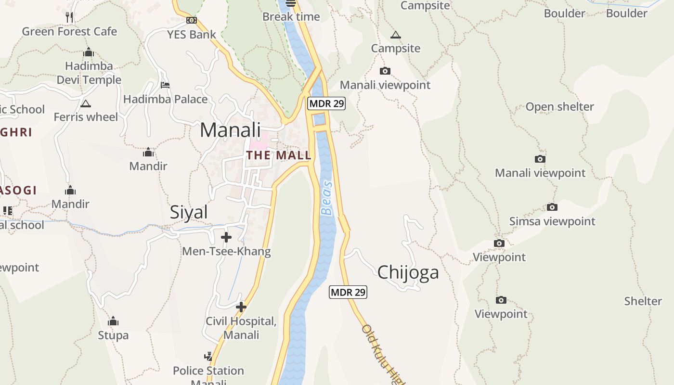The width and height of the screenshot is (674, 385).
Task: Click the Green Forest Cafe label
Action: click(x=69, y=32)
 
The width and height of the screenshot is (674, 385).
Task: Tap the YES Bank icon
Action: click(x=192, y=20)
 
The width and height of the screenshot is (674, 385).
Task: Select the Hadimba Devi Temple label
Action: click(x=89, y=73)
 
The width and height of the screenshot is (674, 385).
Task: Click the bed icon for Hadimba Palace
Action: click(x=165, y=85)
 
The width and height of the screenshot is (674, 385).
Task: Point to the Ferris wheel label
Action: click(x=86, y=117)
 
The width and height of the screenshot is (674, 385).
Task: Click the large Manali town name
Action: click(x=230, y=130)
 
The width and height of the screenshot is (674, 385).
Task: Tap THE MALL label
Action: click(x=279, y=155)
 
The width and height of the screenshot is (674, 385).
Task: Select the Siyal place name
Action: click(x=189, y=212)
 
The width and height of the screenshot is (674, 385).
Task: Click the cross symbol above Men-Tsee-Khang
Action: click(x=226, y=237)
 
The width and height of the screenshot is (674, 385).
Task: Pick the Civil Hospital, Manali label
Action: click(x=241, y=328)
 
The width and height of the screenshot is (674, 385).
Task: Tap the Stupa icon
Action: click(x=113, y=321)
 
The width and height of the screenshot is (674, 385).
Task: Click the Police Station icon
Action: click(x=208, y=357)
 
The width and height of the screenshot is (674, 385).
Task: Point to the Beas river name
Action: click(x=327, y=198)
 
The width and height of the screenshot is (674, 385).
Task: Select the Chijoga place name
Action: click(x=408, y=272)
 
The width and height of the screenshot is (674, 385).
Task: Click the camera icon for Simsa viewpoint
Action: click(x=552, y=207)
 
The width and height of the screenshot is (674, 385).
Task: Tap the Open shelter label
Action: click(x=559, y=107)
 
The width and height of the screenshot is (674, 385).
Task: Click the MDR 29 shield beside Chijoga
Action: click(x=348, y=292)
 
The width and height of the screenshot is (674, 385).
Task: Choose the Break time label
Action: click(x=291, y=17)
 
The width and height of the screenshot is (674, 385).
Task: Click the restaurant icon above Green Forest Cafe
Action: click(x=69, y=18)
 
